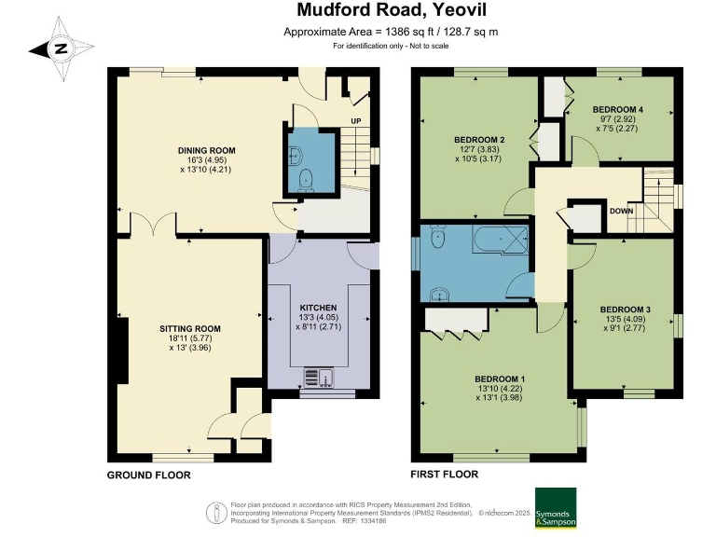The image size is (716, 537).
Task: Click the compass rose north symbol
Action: pos(61,48)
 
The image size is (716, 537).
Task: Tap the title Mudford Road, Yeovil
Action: pos(392,10)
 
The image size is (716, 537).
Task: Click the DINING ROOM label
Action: pos(206,150)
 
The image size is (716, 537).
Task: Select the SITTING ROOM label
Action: pos(190,328)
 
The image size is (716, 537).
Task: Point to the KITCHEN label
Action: pos(318,308)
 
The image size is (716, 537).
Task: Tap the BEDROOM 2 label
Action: pos(479,140)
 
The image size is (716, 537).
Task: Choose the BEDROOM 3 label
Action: pos(626,310)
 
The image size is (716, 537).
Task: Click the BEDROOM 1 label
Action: pos(500,379)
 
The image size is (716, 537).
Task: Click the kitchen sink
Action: pos(319,378)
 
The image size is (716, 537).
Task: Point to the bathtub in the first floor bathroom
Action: pos(501,239)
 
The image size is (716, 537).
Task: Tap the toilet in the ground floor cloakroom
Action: pos(305,180)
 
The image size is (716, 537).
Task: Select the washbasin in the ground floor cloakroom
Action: pos(296,156)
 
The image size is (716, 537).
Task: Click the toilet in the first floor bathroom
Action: pos(437,237)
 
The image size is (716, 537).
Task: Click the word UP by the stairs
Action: pos(356,121)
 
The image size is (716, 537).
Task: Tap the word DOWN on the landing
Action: pos(622,211)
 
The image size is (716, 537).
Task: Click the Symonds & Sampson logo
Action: pos(556,508)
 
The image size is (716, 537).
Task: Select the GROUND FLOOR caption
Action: pos(148,475)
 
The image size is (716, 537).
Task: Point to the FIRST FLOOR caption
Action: pos(444,475)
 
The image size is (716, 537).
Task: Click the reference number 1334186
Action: pos(373,521)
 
